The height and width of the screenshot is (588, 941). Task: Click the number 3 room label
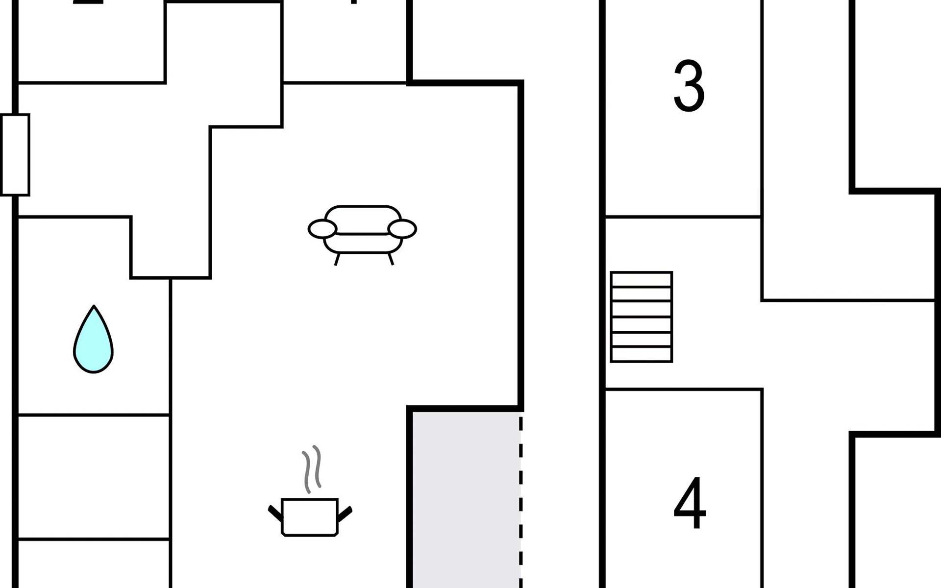tap(689, 86)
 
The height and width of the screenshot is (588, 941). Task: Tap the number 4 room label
tap(690, 503)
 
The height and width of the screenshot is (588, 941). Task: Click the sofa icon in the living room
tap(362, 230)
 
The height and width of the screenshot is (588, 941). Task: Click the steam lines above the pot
tap(312, 468)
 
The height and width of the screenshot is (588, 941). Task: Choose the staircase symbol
tap(641, 317)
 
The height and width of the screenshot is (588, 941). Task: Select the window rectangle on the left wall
tap(15, 155)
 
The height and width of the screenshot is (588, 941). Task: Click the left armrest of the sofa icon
tap(322, 229)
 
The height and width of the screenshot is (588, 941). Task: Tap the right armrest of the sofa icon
tap(402, 229)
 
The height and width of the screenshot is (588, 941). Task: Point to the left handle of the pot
tap(275, 513)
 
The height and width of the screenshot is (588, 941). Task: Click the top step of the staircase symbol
tap(641, 279)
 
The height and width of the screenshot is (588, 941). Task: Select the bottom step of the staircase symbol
tap(641, 354)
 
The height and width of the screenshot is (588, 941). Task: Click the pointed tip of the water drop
tap(94, 308)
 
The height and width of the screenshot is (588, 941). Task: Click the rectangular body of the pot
tap(310, 517)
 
